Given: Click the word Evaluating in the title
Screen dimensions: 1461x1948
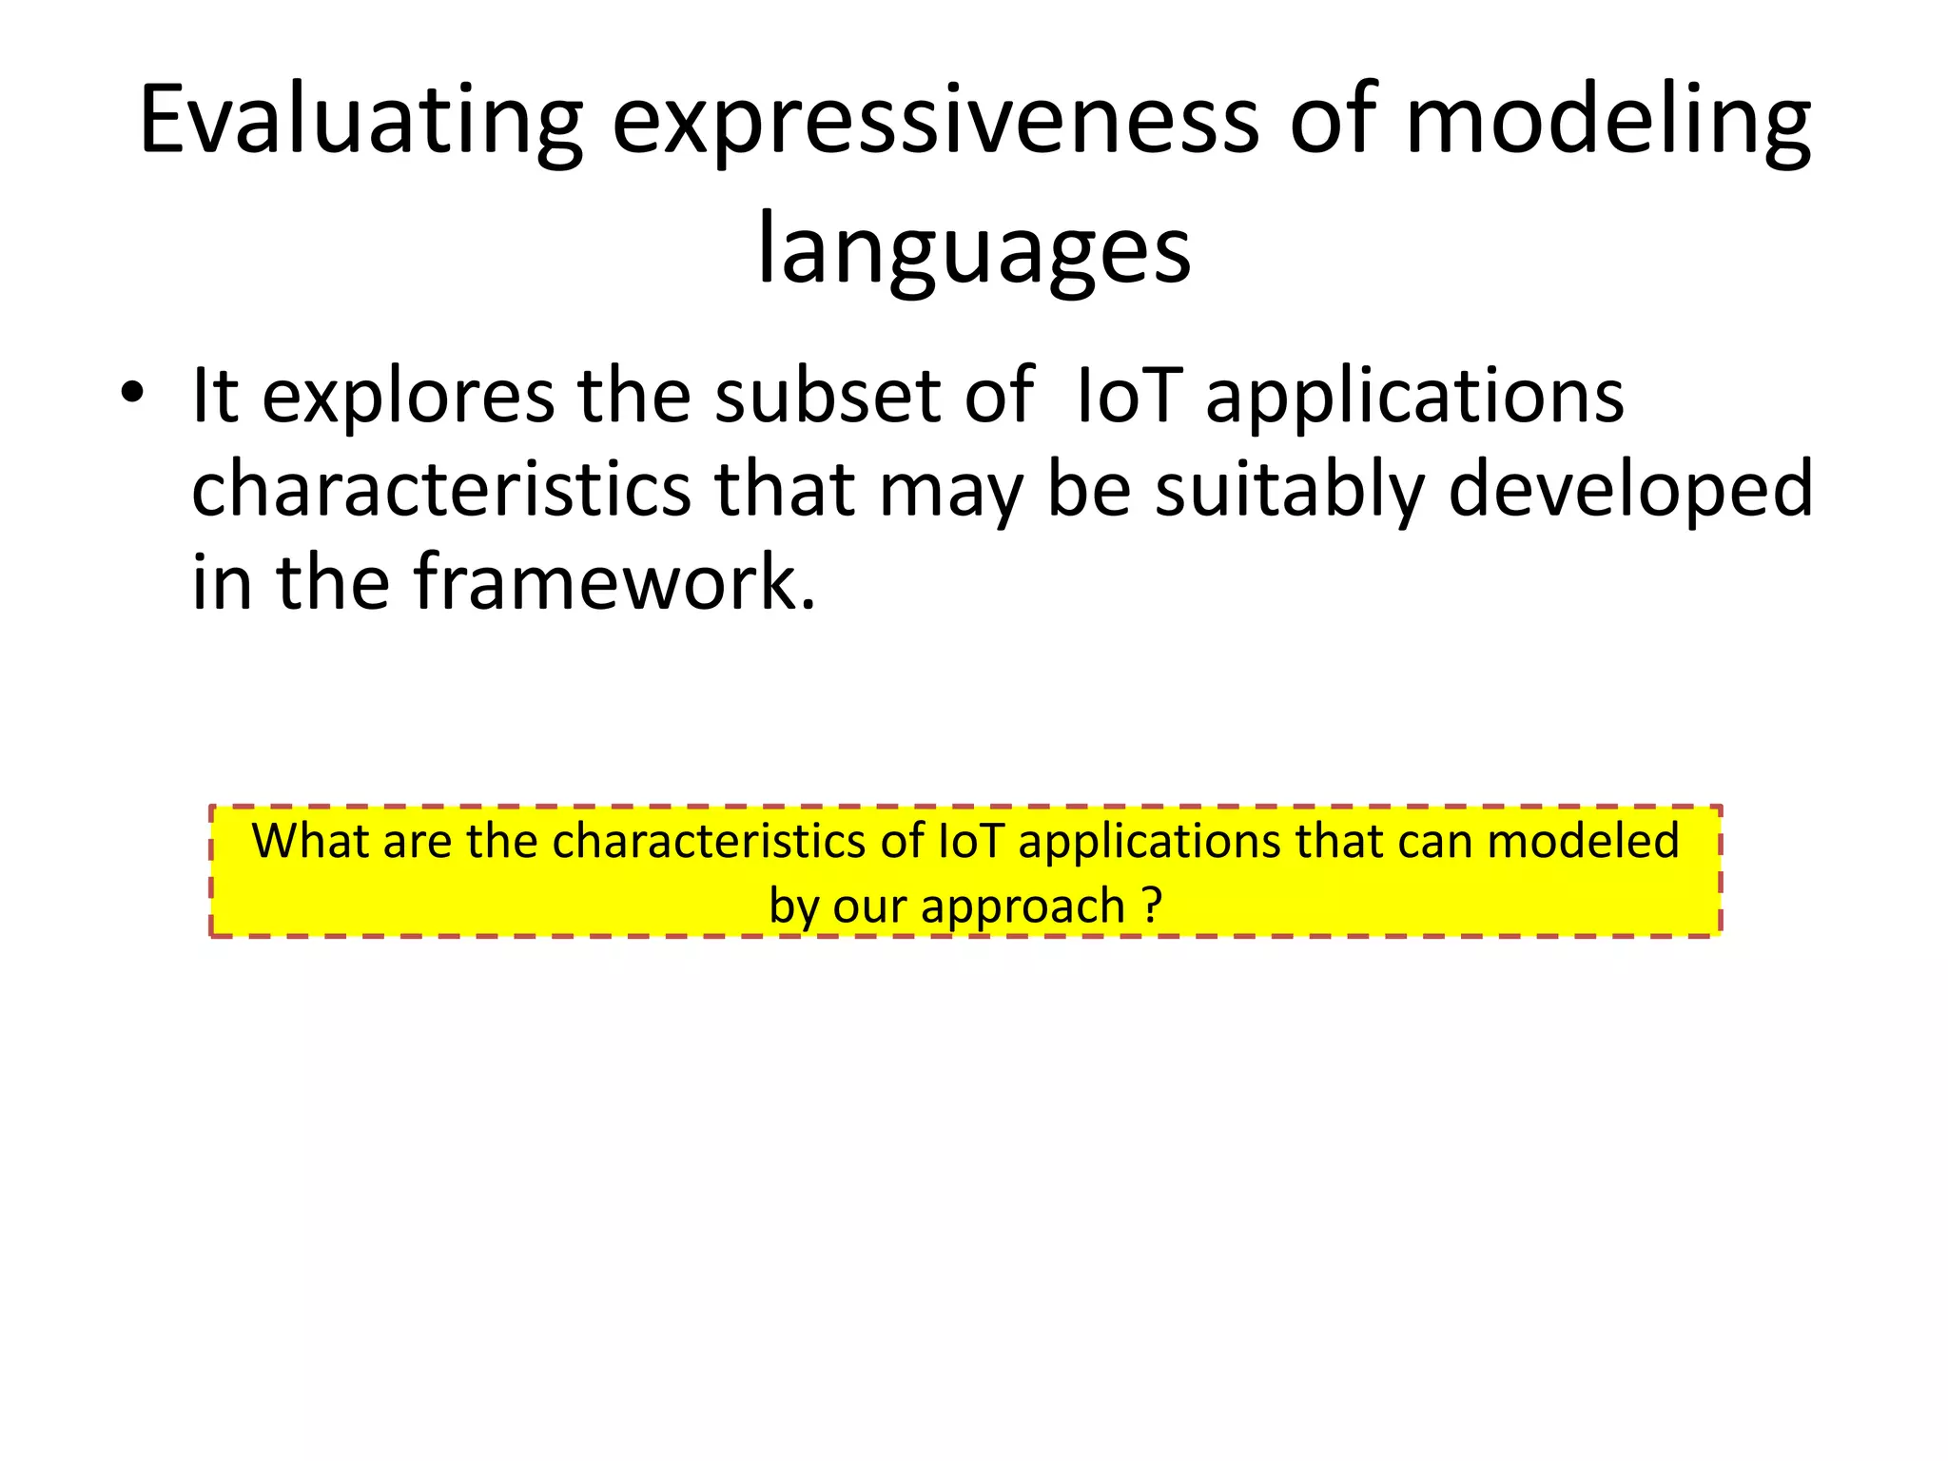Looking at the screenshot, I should [x=360, y=121].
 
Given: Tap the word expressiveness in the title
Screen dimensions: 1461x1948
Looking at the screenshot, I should [x=935, y=121].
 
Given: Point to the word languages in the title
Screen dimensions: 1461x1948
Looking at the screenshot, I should [x=973, y=249].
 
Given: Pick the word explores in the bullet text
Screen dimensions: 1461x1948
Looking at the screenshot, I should [x=408, y=396].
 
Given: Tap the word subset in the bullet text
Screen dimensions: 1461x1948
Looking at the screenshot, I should [x=827, y=396].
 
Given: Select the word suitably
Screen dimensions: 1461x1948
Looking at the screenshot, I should [x=1289, y=489].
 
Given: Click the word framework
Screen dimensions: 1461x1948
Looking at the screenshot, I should [x=614, y=582].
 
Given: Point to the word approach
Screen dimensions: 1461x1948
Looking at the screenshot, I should [x=1023, y=906].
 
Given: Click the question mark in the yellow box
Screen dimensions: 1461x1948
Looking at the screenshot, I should [x=1152, y=906].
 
